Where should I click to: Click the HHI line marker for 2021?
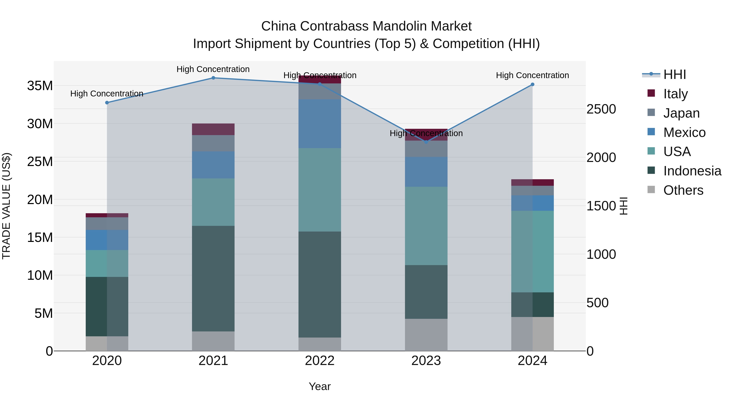[213, 78]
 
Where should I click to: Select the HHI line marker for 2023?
[426, 142]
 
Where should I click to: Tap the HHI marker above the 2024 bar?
[532, 84]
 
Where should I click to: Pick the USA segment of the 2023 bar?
[426, 226]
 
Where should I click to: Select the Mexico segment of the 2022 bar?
[319, 124]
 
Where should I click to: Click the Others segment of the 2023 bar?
[426, 335]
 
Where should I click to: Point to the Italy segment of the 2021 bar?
[213, 129]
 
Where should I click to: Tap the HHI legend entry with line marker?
[674, 74]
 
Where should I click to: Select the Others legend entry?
[683, 190]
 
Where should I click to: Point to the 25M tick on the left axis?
[40, 162]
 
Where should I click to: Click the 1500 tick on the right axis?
[601, 206]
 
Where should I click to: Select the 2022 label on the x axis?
[319, 361]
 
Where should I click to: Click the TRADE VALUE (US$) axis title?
[6, 206]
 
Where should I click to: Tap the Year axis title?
[319, 386]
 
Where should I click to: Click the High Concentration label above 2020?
[107, 94]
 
